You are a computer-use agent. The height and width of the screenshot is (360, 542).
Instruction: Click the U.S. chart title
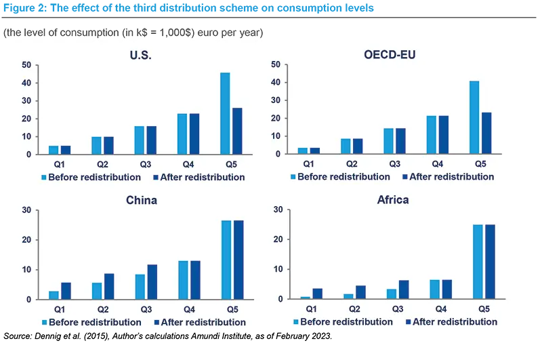(140, 55)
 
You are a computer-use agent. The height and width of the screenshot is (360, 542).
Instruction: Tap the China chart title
(142, 200)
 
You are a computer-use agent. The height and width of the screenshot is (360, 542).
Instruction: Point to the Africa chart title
(392, 200)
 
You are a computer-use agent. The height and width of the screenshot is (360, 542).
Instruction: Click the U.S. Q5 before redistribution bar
(225, 113)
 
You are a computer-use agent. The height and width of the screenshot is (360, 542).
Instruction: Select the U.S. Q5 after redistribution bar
(237, 131)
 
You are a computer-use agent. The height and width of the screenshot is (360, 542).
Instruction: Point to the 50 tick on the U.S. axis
(26, 65)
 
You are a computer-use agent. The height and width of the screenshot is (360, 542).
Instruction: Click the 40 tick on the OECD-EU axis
(276, 83)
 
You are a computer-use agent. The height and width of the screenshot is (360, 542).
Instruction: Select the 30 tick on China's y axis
(26, 210)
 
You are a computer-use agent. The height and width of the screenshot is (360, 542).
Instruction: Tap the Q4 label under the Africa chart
(440, 308)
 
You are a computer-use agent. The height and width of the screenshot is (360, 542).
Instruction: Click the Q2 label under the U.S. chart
(103, 164)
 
